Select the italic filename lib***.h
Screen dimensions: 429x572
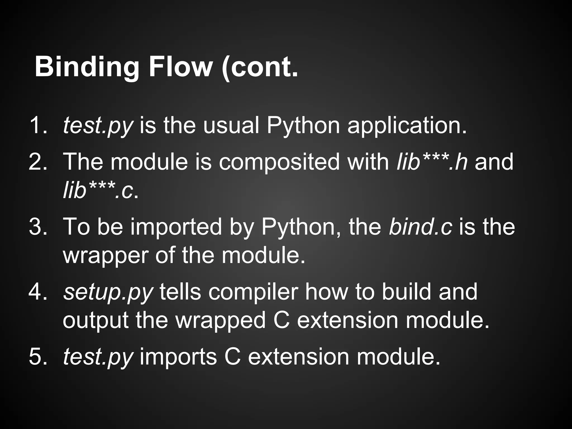point(432,162)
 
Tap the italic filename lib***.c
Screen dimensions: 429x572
point(98,191)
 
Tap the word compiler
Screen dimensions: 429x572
point(253,292)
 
